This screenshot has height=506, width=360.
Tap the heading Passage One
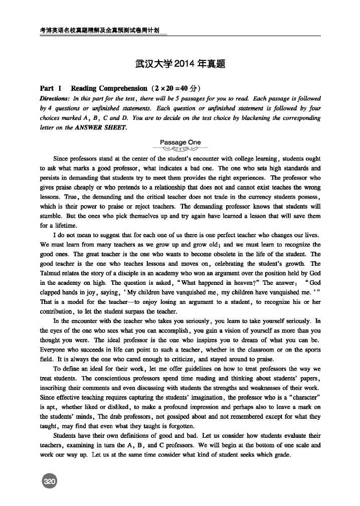[x=180, y=142]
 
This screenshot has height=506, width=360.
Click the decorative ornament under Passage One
[x=180, y=149]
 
